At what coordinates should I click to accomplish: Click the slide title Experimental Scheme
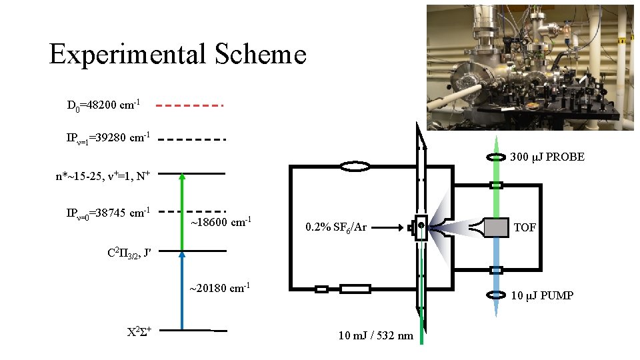177,54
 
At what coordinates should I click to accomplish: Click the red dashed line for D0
191,105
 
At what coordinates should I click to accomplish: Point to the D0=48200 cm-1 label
103,105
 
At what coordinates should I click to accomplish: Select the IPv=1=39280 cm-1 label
107,138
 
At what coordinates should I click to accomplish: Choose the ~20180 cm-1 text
219,288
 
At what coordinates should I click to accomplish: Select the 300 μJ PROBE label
547,157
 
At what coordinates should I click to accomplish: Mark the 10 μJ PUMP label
542,295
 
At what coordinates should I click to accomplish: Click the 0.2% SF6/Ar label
336,227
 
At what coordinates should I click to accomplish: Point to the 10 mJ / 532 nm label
375,335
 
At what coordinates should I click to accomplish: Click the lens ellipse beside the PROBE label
495,157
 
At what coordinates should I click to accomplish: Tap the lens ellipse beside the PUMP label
495,295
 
